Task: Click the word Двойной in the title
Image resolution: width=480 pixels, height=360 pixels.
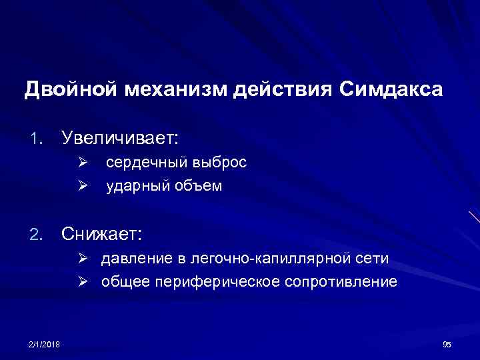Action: (72, 89)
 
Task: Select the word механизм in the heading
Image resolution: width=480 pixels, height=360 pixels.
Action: (175, 89)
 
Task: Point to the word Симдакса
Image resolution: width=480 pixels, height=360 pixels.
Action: (391, 89)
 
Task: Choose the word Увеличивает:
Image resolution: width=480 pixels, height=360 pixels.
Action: (120, 138)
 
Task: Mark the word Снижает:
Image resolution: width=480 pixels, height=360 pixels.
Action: (101, 234)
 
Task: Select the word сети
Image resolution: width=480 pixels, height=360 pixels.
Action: (373, 258)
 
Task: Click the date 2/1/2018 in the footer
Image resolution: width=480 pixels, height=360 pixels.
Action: (44, 344)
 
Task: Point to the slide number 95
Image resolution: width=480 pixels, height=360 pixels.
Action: (447, 344)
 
